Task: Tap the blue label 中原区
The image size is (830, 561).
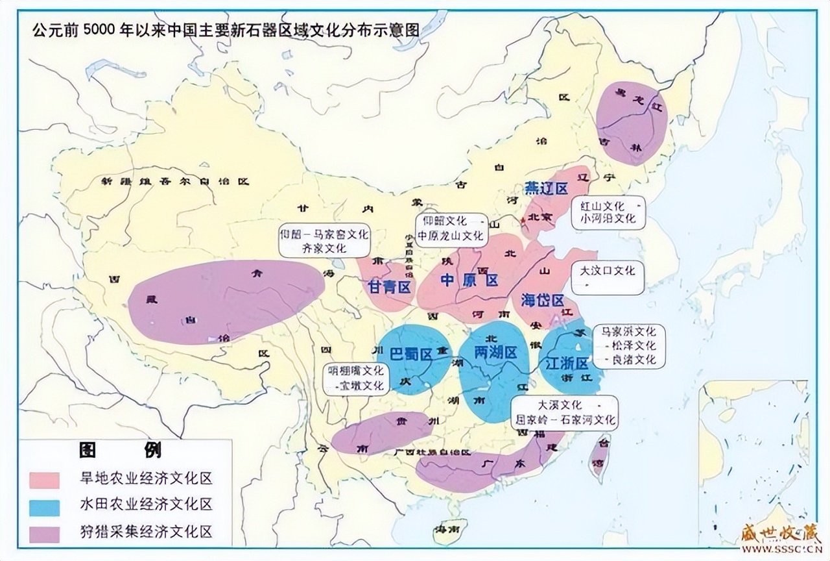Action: point(469,280)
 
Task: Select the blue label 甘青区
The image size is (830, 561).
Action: point(389,287)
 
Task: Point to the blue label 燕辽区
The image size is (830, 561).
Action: point(546,188)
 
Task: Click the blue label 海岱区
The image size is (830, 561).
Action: point(542,301)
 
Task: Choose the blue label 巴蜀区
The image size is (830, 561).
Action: point(411,354)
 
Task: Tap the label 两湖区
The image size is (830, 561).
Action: point(495,353)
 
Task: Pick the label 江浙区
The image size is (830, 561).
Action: point(566,362)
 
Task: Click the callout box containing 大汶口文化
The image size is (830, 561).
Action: point(608,278)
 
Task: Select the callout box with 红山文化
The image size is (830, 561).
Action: point(608,212)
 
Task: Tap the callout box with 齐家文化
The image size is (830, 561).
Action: point(324,240)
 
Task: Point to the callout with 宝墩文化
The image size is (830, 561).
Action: point(357,378)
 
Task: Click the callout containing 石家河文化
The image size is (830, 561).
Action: point(564,412)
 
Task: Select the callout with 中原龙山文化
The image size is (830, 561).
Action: point(450,229)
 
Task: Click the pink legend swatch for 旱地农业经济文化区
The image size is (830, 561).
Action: point(44,480)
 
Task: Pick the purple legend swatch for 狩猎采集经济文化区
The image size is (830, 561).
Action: point(44,533)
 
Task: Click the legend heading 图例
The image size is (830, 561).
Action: point(121,450)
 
